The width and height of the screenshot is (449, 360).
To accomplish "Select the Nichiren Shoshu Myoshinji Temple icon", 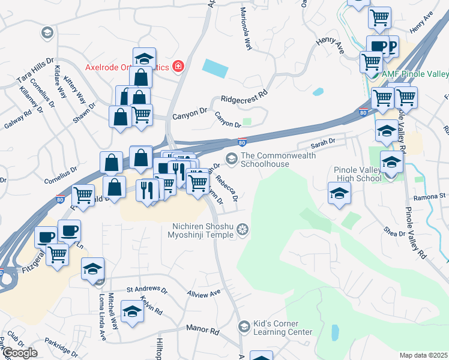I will (x=243, y=229).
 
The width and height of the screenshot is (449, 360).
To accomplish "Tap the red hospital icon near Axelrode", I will (x=178, y=66).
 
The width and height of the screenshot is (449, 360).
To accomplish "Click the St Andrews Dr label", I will (x=147, y=289).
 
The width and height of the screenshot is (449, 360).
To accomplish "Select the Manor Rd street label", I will (x=200, y=328).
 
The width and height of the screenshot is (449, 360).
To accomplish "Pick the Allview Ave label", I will (x=204, y=293).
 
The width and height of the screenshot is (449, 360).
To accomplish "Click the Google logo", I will (x=19, y=353).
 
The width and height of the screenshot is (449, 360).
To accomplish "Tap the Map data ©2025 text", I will (x=423, y=355).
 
